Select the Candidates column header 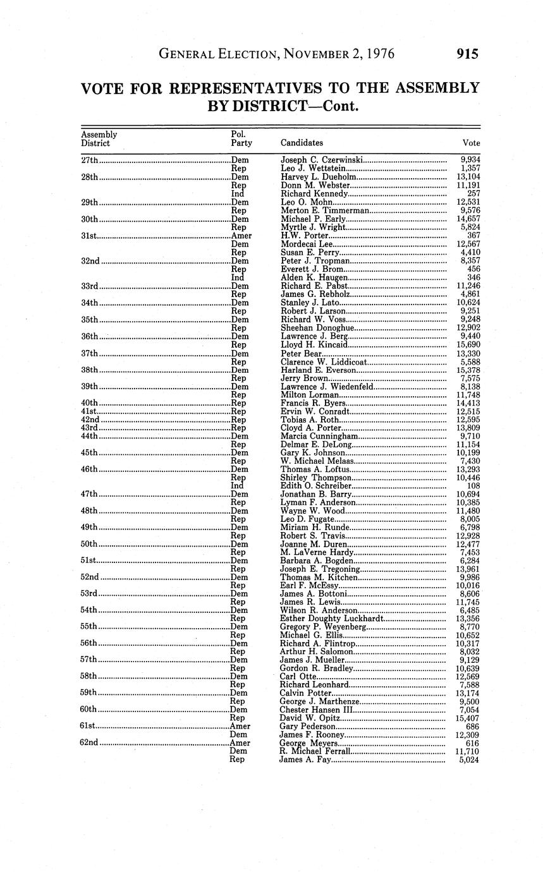point(302,143)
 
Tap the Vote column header point(471,143)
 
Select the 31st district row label point(89,235)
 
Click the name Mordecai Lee point(306,244)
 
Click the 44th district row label point(89,436)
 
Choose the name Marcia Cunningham point(319,436)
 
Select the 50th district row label point(89,544)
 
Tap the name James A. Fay point(304,760)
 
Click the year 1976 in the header point(378,54)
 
